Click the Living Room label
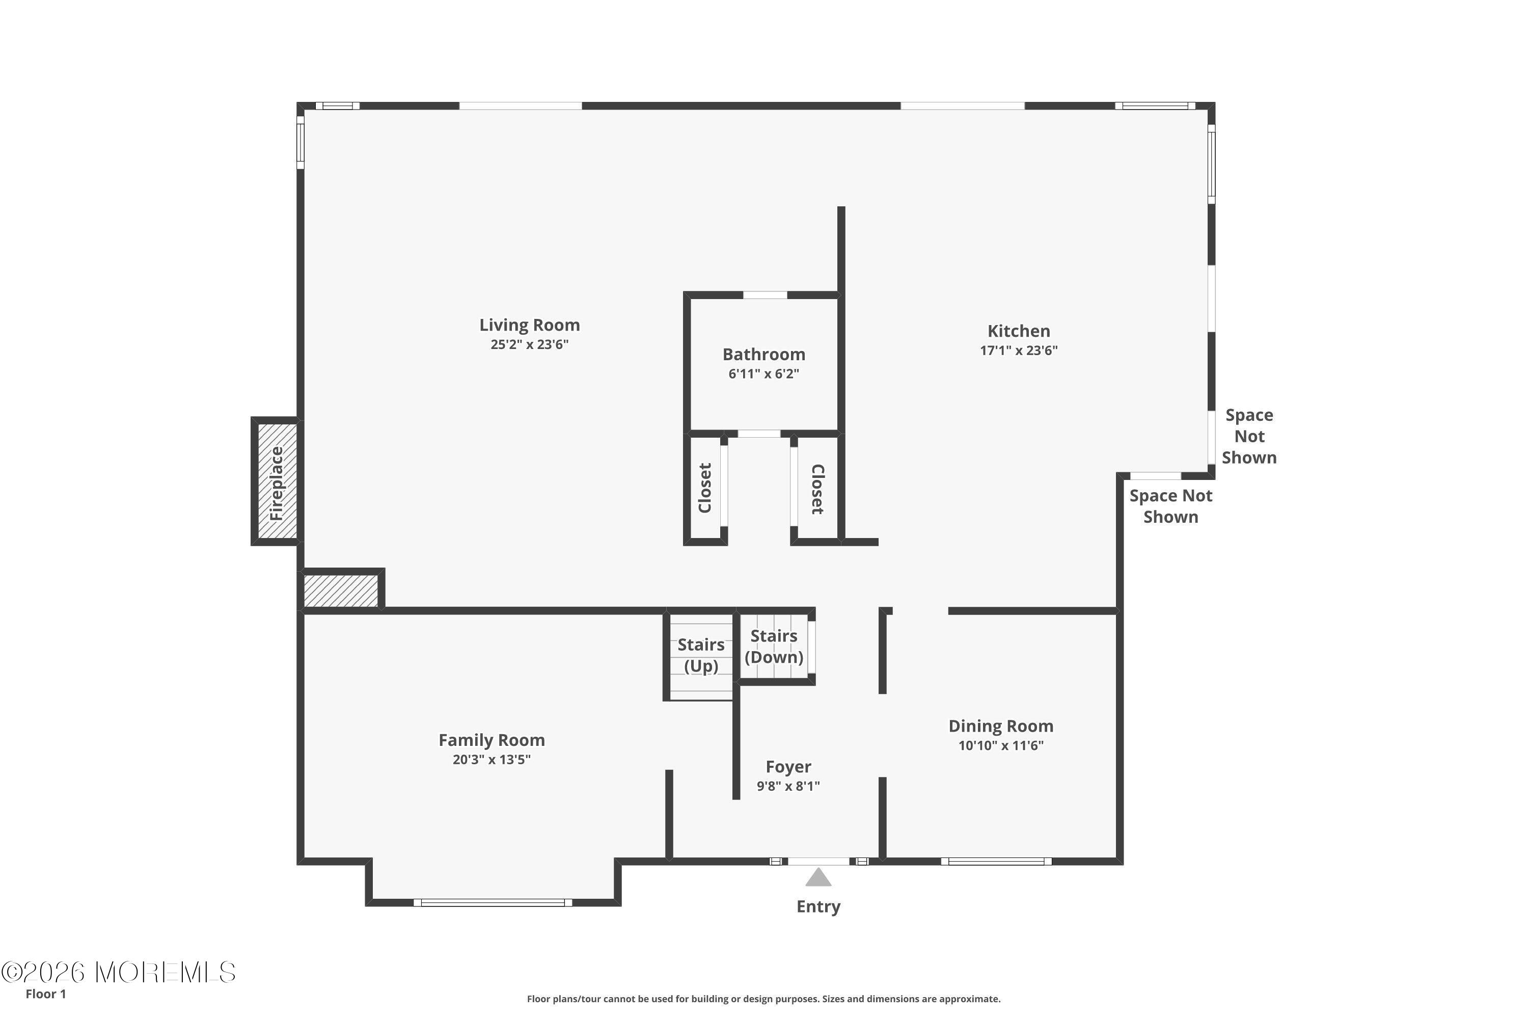[530, 325]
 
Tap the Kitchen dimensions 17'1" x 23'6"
[1019, 351]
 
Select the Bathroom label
[764, 354]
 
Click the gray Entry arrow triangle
[818, 877]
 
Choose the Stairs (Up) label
[701, 655]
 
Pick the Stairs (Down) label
[774, 646]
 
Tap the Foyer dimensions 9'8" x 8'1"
[788, 786]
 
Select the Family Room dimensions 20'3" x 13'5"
[492, 760]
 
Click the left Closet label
[705, 488]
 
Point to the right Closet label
[817, 489]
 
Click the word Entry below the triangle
[818, 906]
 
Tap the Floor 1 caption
[45, 994]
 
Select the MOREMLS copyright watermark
[118, 972]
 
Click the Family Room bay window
[493, 903]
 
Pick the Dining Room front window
[997, 862]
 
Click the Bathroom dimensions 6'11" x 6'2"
[764, 373]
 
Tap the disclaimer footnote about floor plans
[764, 999]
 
